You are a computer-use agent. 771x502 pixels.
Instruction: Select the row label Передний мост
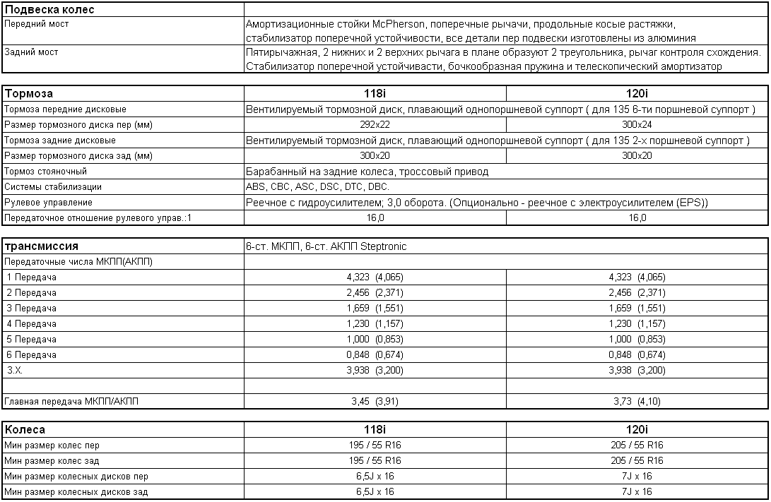(36, 24)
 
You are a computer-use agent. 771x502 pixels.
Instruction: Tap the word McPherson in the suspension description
(382, 24)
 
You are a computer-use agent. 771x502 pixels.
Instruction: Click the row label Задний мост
(31, 52)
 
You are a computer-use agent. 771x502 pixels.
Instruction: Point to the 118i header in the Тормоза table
(375, 93)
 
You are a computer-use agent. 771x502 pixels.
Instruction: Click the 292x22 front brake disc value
(375, 125)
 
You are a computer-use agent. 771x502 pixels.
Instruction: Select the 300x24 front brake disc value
(637, 125)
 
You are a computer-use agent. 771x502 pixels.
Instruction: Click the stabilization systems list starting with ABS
(317, 187)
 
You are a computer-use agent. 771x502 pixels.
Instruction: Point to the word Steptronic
(383, 246)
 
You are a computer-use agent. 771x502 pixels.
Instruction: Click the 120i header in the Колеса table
(637, 429)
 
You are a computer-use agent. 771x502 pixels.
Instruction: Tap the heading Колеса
(25, 429)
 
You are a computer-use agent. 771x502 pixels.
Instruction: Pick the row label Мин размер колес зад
(52, 461)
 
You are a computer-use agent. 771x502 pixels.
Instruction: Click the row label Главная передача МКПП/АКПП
(72, 402)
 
